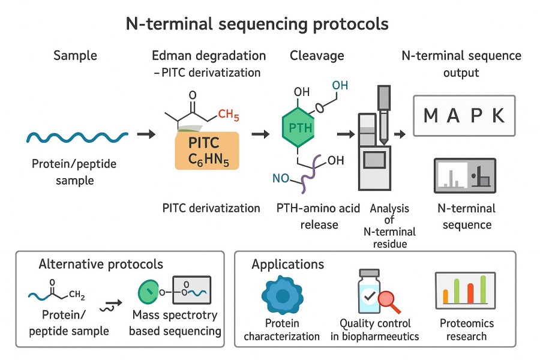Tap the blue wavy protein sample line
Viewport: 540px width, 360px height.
[x=77, y=137]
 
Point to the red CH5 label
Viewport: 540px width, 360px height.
[x=229, y=114]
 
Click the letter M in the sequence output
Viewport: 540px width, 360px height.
[x=431, y=116]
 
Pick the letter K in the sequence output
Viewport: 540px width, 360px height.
[x=498, y=116]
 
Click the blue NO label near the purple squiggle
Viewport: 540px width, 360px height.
[x=280, y=178]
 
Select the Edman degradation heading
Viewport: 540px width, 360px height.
[x=209, y=56]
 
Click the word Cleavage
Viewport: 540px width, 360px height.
[x=317, y=56]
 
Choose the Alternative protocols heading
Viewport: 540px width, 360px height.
[x=100, y=265]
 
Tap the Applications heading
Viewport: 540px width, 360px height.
[x=288, y=265]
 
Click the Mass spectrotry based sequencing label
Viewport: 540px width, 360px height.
[x=175, y=323]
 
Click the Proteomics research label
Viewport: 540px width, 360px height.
[x=467, y=329]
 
